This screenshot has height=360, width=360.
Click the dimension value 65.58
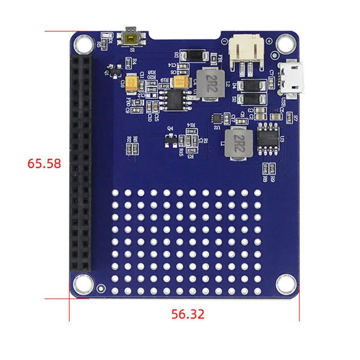44,163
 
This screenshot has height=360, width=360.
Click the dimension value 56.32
188,314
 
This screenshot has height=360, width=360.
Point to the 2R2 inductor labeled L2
211,84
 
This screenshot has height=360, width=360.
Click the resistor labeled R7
289,118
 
